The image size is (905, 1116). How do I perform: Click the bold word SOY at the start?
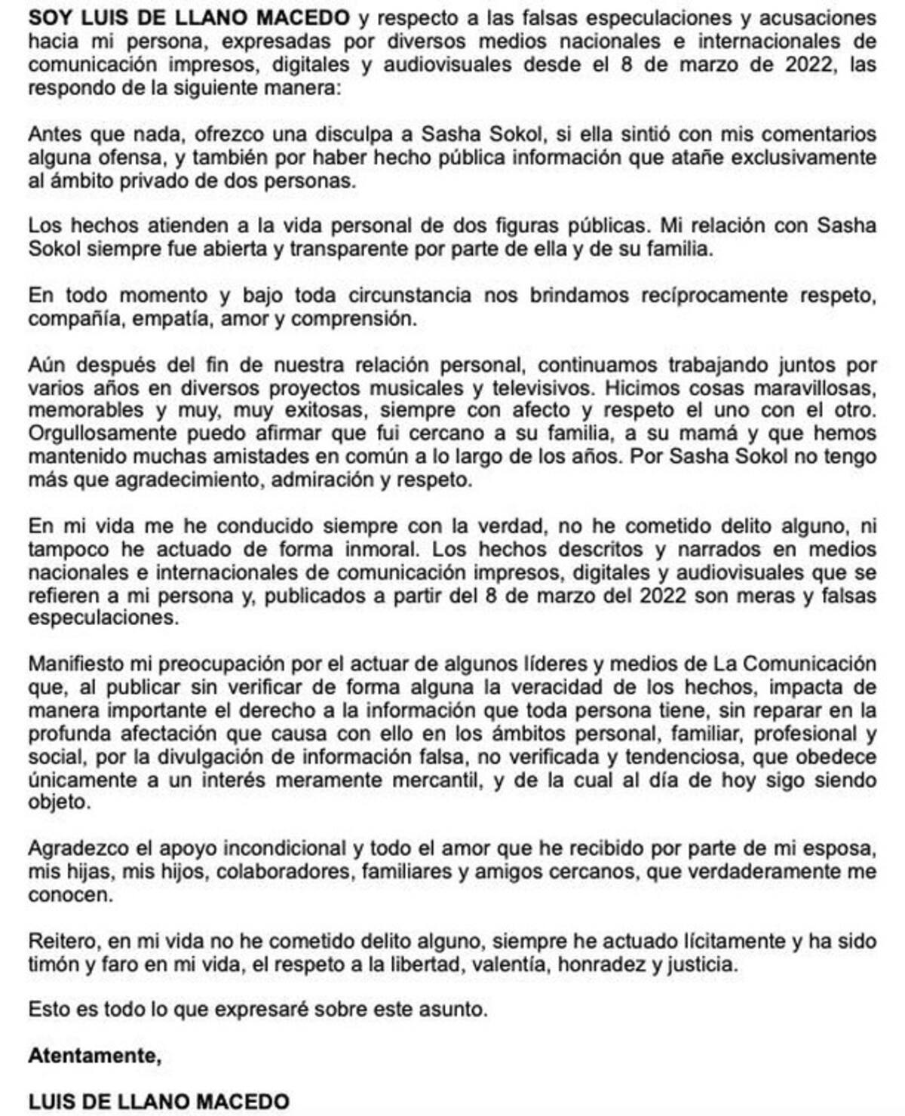click(48, 17)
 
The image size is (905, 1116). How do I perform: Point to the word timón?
click(55, 964)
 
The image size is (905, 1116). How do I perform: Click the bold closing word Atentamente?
click(94, 1056)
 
